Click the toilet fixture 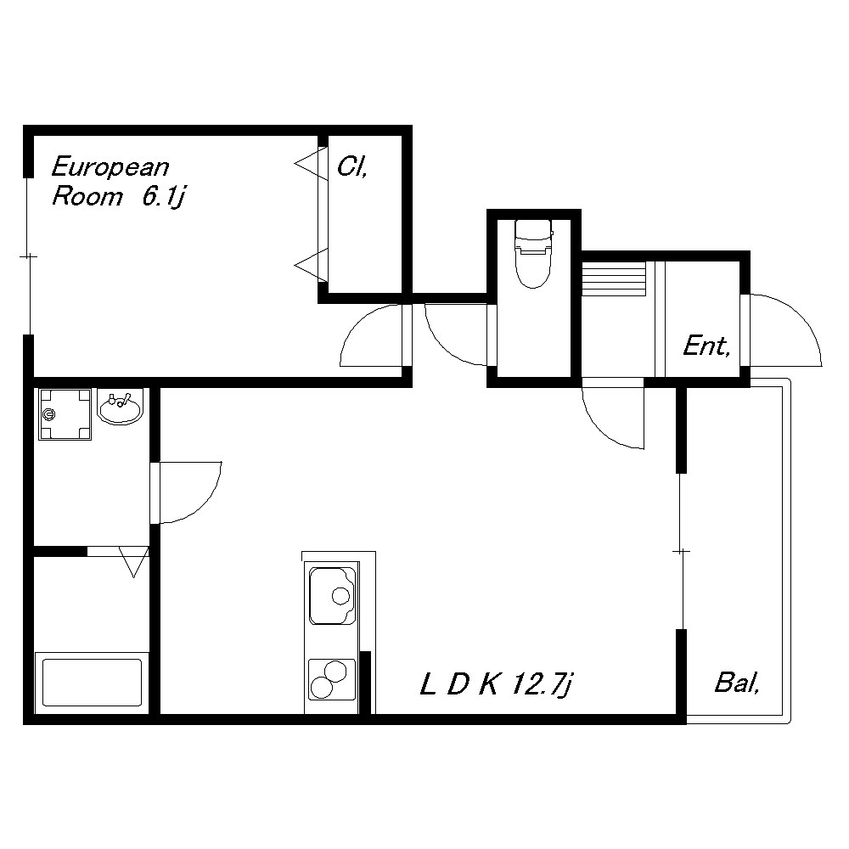click(534, 253)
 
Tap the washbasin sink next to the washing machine click(121, 407)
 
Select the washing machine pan click(65, 414)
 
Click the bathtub click(92, 683)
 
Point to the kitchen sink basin click(332, 596)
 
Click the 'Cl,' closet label click(352, 166)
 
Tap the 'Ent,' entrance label click(706, 346)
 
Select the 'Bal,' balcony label click(737, 683)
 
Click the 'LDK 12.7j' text click(496, 684)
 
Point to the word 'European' click(110, 166)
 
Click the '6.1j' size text click(164, 197)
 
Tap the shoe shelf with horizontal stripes click(614, 278)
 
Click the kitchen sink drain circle click(341, 596)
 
